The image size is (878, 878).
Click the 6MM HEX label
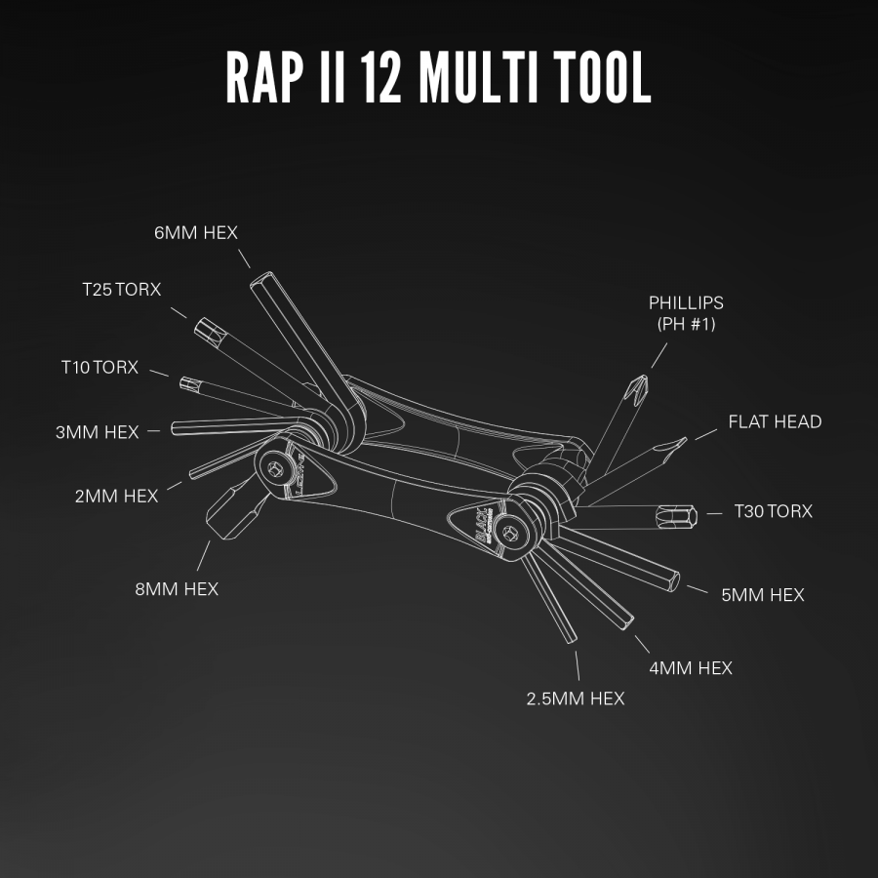click(x=196, y=233)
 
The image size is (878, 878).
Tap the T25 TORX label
click(x=122, y=290)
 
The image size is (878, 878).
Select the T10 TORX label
click(x=100, y=368)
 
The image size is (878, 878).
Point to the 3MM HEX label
click(x=97, y=432)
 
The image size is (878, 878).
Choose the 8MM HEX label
click(x=177, y=589)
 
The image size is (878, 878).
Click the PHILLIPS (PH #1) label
click(x=686, y=313)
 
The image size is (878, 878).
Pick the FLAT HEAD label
click(x=775, y=421)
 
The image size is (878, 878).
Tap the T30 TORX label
click(x=774, y=511)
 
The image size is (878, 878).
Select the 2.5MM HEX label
click(x=575, y=698)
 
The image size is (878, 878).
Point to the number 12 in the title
click(x=380, y=77)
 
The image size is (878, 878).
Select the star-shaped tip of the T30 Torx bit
click(x=678, y=516)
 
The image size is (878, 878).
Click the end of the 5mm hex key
click(x=673, y=581)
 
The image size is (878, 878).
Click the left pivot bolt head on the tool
click(x=275, y=469)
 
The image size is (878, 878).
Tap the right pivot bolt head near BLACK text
click(x=509, y=534)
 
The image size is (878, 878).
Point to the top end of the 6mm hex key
click(x=260, y=279)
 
